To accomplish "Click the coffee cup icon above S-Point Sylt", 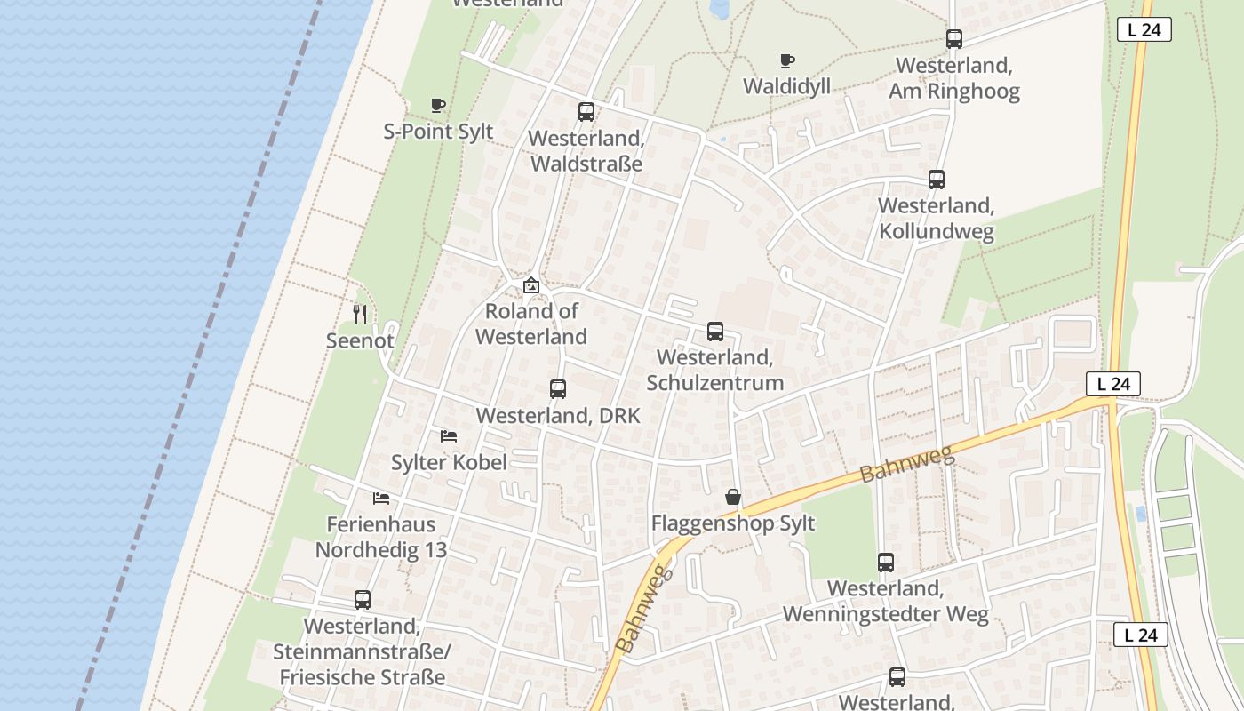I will [x=438, y=106].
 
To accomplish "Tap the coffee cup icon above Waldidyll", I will [x=786, y=61].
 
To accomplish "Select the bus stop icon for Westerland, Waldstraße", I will [x=586, y=112].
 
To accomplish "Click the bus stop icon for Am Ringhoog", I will [x=954, y=39].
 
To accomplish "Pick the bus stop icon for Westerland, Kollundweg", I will [x=937, y=180].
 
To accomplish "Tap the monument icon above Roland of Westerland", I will [x=531, y=285].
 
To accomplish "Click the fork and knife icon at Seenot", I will [x=360, y=314].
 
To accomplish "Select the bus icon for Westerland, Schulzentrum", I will [x=715, y=332].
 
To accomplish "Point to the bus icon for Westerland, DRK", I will [x=558, y=389].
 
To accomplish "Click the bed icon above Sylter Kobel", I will [x=449, y=436].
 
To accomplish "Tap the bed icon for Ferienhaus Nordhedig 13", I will [x=381, y=499].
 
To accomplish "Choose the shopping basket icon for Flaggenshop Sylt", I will [x=733, y=497].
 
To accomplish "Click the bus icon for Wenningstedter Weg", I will [x=886, y=563].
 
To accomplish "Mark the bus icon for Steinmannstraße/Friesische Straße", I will [x=363, y=600].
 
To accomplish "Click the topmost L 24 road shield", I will [x=1144, y=29].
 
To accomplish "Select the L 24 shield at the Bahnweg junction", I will [x=1113, y=384].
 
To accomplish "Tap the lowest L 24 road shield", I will [x=1140, y=635].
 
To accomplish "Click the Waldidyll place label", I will [x=786, y=86].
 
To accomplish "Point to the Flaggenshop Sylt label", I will [x=733, y=523].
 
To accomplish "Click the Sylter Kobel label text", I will [x=449, y=462].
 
